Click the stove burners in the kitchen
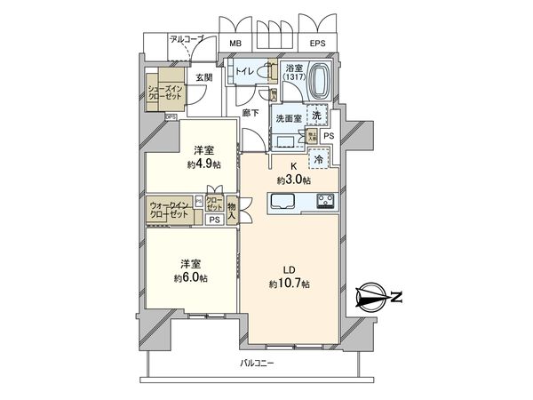[x=324, y=201]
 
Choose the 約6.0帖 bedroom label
[x=191, y=271]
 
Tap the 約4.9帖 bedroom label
[x=203, y=157]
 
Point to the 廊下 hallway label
[x=251, y=113]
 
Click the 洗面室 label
[x=286, y=119]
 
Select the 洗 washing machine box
[x=317, y=115]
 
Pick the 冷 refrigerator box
[x=319, y=159]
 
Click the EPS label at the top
[x=317, y=42]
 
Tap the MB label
[x=236, y=42]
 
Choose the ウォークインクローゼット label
[x=169, y=210]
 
